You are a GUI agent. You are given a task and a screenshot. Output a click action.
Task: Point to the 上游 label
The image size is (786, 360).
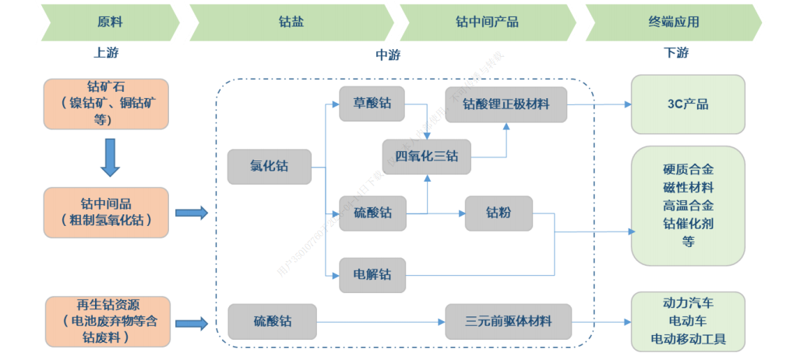pos(107,53)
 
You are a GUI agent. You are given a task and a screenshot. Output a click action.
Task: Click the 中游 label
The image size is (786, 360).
pos(388,55)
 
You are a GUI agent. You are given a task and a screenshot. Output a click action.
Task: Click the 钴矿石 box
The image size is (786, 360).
pos(107,103)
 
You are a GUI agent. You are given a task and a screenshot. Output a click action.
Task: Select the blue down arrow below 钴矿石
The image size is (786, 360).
pos(110,157)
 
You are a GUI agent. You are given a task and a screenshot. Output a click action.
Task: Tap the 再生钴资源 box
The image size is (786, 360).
pos(107,320)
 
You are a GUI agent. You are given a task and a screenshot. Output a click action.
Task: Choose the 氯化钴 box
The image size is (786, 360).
pos(268,167)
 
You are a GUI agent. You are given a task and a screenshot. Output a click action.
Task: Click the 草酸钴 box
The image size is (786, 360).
pos(372,104)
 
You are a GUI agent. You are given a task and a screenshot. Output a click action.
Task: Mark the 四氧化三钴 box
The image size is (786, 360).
pos(427,156)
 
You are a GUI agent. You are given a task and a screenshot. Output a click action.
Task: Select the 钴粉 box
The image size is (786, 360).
pos(499,213)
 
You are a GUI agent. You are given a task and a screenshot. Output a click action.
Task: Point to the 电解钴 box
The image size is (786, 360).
pos(372,274)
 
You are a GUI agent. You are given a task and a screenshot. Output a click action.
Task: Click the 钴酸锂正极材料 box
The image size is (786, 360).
pos(506,104)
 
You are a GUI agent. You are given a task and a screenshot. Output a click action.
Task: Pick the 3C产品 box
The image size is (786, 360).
pos(688,104)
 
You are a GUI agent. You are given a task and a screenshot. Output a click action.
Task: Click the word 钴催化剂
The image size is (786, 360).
pos(688,224)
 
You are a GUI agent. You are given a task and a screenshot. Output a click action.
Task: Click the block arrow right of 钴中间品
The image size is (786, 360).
pos(192,213)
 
